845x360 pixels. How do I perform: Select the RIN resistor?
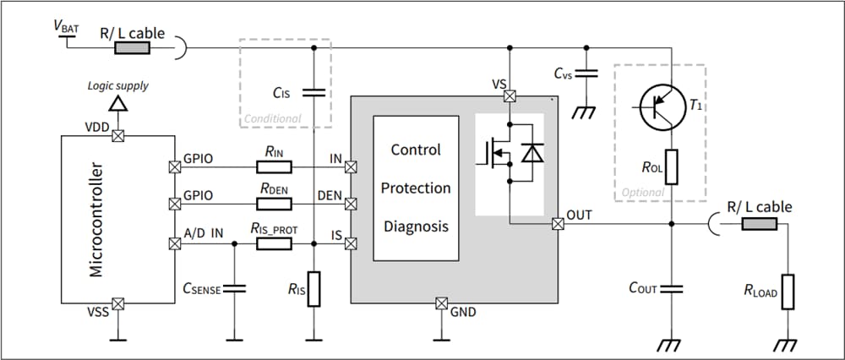pos(274,167)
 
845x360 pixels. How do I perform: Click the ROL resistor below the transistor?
pos(670,166)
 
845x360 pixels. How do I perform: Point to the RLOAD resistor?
pos(788,292)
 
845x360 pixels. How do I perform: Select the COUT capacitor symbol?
pos(670,288)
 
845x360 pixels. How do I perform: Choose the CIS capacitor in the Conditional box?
pos(313,92)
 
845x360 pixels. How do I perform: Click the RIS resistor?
pos(313,289)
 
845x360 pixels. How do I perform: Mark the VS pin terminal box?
pos(510,96)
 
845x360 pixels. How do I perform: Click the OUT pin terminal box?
pos(557,224)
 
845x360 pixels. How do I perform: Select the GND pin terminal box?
pos(440,303)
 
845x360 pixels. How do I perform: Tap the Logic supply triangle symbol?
pos(118,103)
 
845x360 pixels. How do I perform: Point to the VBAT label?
pos(67,27)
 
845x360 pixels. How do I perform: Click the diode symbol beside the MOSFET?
pos(532,153)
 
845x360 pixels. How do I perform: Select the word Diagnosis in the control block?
pos(415,226)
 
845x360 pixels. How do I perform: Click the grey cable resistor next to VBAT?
pos(133,47)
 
